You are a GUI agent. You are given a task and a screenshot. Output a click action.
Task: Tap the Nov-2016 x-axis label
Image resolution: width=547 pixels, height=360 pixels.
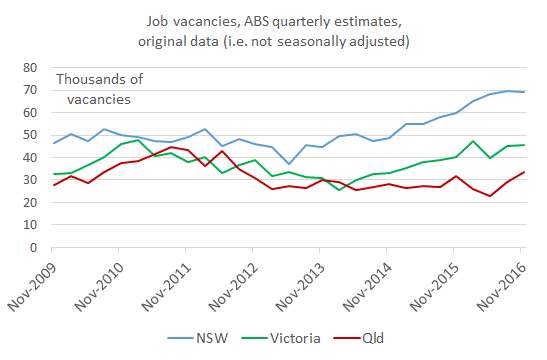[x=518, y=283]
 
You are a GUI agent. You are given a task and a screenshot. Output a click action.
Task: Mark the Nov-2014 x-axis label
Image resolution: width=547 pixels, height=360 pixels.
[x=378, y=283]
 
